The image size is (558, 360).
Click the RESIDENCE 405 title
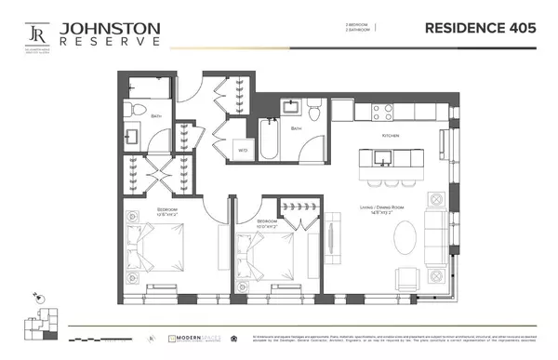[x=480, y=28]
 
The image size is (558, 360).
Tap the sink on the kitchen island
[x=370, y=158]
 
